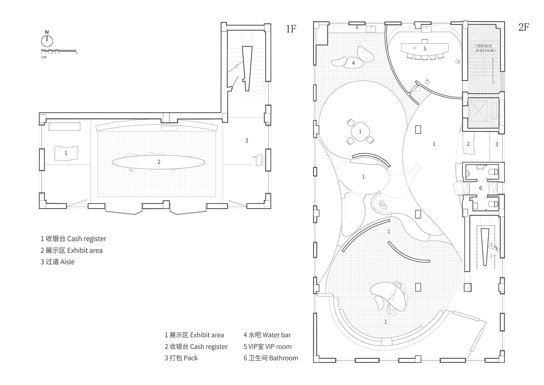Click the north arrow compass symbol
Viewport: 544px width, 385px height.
point(47,39)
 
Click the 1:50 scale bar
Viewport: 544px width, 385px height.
point(58,50)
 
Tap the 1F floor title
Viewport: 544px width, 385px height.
point(291,29)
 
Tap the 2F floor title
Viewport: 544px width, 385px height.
point(523,27)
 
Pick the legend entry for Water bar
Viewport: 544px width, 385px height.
point(267,335)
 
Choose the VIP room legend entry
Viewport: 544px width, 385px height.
point(267,347)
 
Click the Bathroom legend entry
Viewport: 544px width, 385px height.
point(271,358)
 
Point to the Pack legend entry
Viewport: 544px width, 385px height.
point(181,358)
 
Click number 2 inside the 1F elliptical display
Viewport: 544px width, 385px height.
point(159,162)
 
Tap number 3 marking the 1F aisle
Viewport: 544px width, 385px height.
point(247,140)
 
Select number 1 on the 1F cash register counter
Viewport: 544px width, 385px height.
point(66,153)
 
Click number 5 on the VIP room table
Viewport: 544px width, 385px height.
point(425,49)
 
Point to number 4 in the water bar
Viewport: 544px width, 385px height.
point(353,63)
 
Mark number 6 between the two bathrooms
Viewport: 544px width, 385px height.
point(481,188)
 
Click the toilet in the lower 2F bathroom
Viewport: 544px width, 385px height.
point(493,204)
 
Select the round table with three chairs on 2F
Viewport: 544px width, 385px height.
point(360,131)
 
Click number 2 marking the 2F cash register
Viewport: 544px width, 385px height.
point(468,144)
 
